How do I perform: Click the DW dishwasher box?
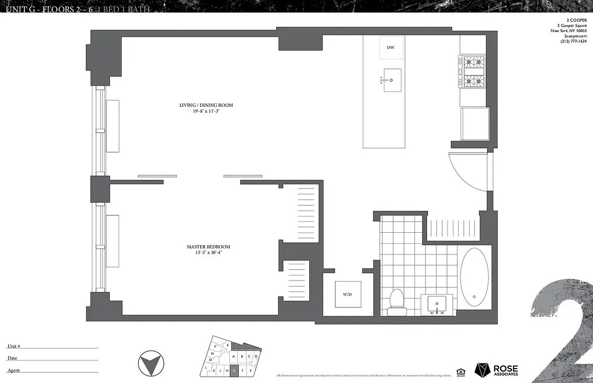[x=391, y=47]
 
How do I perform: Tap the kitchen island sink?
[x=392, y=80]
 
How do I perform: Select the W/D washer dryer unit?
[x=347, y=293]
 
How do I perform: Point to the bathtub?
[x=474, y=277]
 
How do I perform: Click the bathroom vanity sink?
[x=436, y=304]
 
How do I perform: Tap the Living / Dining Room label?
[x=206, y=105]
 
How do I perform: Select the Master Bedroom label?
[x=208, y=247]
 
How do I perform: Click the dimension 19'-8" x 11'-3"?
[x=206, y=111]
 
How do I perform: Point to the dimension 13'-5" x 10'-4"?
[x=208, y=252]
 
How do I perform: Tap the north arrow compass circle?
[x=150, y=363]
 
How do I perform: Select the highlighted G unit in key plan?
[x=234, y=370]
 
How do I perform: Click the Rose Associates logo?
[x=496, y=370]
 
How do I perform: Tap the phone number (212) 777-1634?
[x=573, y=41]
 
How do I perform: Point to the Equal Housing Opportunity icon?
[x=460, y=371]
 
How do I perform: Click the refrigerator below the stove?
[x=474, y=124]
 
